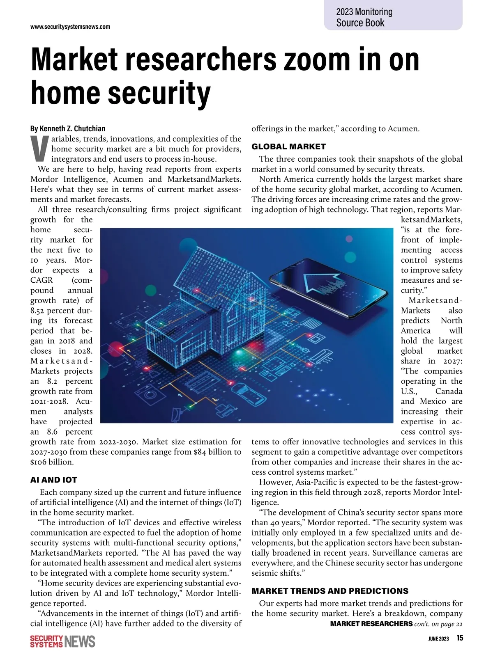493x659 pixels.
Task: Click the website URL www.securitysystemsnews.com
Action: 70,27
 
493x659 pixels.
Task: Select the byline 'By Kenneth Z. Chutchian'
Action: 68,128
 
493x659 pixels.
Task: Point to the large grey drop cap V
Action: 39,149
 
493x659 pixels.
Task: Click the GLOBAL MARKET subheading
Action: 288,146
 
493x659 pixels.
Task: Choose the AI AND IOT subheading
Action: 54,480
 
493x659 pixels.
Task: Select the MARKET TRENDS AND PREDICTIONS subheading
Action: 330,591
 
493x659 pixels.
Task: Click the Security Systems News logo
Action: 63,641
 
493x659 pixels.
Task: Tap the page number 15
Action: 459,638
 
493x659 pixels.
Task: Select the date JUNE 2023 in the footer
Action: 438,638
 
